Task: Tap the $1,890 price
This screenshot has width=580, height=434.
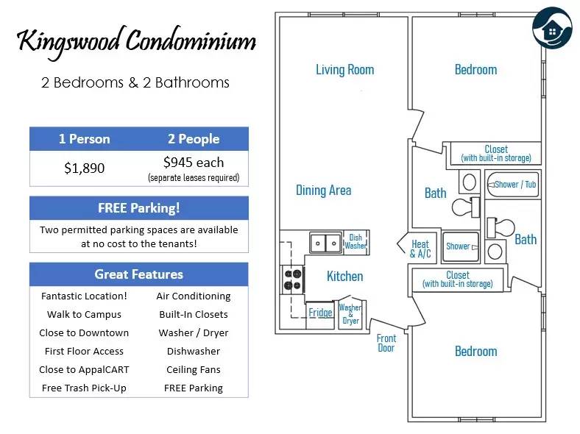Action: point(85,168)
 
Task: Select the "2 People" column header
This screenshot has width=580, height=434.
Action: point(194,139)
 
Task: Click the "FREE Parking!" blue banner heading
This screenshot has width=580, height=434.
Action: point(139,207)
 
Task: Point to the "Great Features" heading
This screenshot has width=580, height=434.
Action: point(138,274)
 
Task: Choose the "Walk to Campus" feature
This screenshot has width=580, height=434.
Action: point(85,315)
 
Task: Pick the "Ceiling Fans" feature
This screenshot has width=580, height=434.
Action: point(194,370)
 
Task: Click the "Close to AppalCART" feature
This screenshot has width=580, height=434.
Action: point(85,370)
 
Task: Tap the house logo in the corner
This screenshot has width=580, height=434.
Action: point(552,27)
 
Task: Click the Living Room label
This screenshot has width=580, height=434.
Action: point(344,70)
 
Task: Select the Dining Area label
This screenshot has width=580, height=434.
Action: point(324,191)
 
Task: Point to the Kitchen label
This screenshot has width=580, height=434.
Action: point(344,277)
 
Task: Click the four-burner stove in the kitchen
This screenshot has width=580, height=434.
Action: point(292,280)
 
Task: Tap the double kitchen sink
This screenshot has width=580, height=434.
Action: point(325,243)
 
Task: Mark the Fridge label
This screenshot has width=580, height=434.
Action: point(320,313)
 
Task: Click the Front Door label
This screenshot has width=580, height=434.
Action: point(386,343)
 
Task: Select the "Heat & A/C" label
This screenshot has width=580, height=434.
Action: point(420,249)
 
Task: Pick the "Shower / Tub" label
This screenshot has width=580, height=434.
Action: point(515,185)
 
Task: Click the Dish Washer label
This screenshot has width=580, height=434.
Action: point(356,242)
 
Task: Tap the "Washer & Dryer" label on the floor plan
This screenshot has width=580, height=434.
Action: point(350,314)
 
